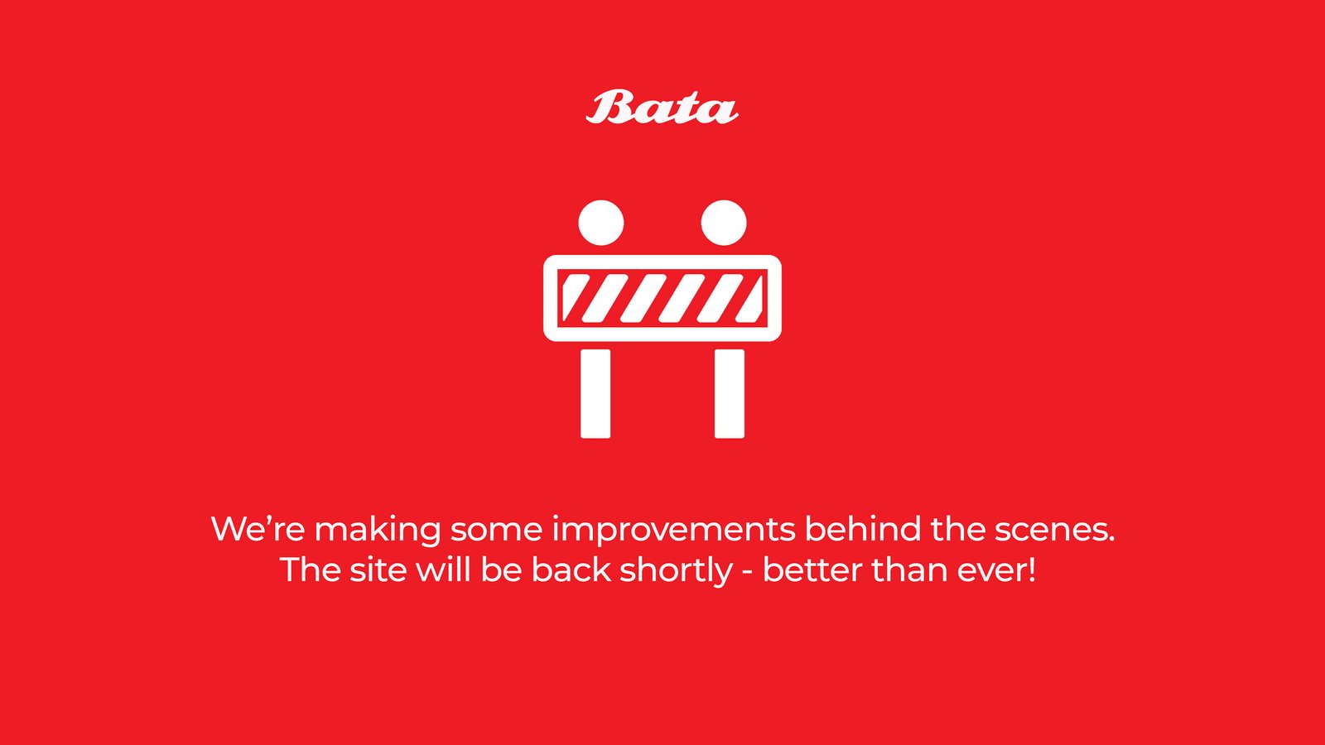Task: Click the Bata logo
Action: (x=662, y=107)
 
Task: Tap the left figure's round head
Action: (x=601, y=223)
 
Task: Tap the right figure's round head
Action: (x=724, y=223)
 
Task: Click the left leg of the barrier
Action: (x=595, y=394)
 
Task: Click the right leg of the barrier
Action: (x=730, y=394)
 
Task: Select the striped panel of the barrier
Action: (x=662, y=298)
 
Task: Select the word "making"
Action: (x=378, y=531)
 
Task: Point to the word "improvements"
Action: (x=674, y=531)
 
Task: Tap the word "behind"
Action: (x=863, y=528)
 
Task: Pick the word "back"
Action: (x=571, y=570)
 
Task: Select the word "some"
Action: (x=496, y=531)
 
